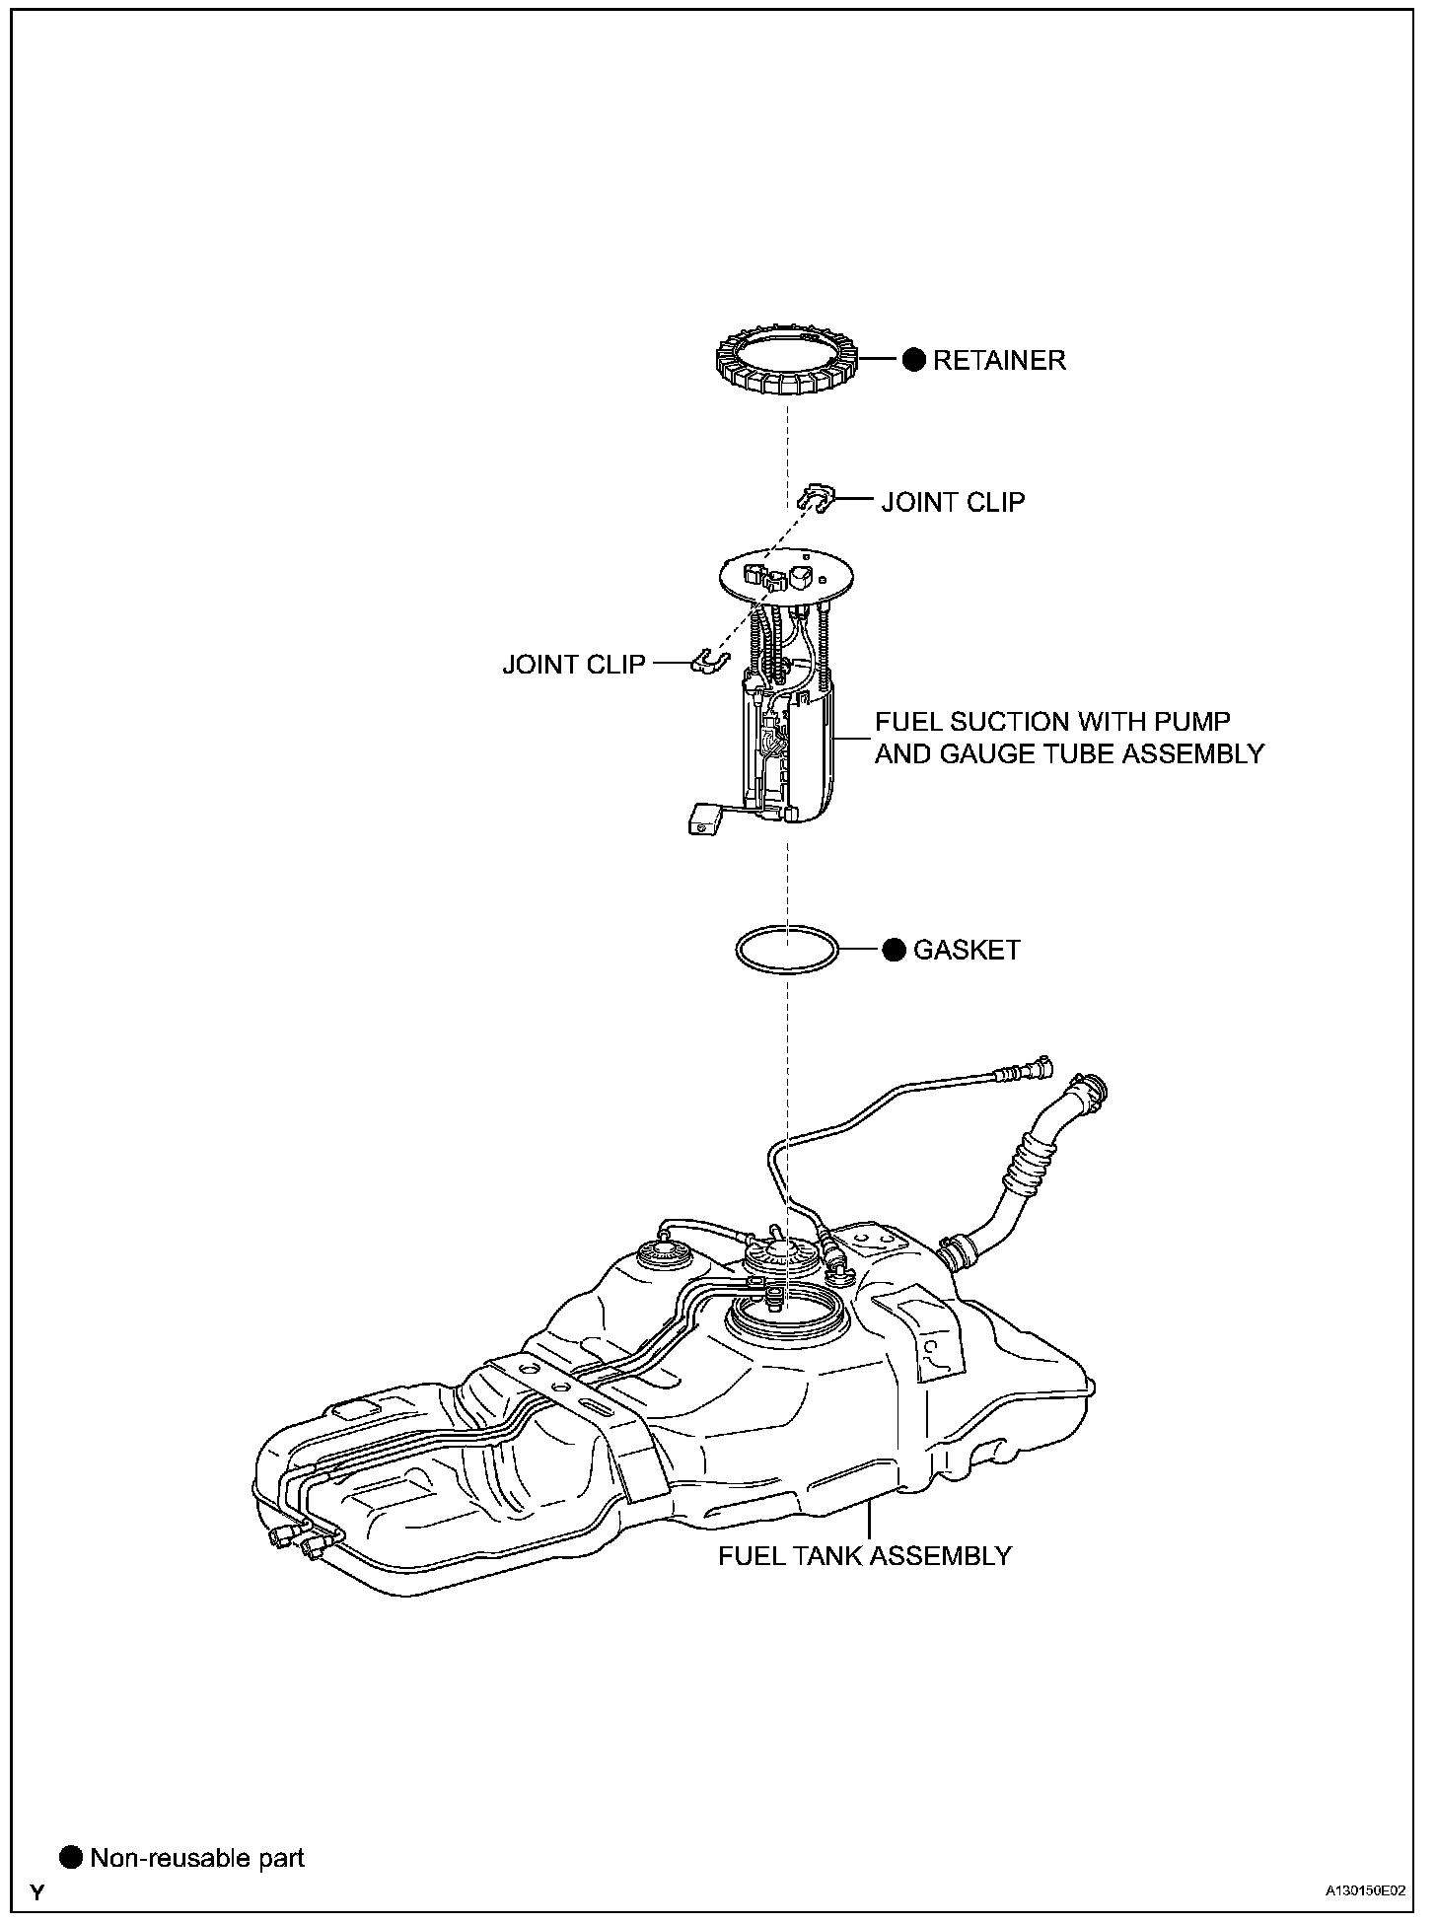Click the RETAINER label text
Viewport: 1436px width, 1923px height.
coord(998,361)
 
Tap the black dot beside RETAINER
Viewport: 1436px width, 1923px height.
coord(914,360)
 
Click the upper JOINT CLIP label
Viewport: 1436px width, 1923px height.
coord(953,502)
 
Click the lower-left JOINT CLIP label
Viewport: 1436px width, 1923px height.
coord(574,665)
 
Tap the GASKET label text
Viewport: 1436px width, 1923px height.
coord(967,951)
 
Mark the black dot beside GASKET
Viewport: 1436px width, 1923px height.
coord(894,950)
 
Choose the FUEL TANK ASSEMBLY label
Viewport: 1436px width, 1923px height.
coord(865,1555)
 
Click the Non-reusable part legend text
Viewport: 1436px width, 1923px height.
coord(197,1859)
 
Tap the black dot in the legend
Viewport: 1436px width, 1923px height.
coord(71,1858)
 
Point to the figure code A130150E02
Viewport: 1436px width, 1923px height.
coord(1365,1891)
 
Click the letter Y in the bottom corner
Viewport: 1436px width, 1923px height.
coord(36,1892)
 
